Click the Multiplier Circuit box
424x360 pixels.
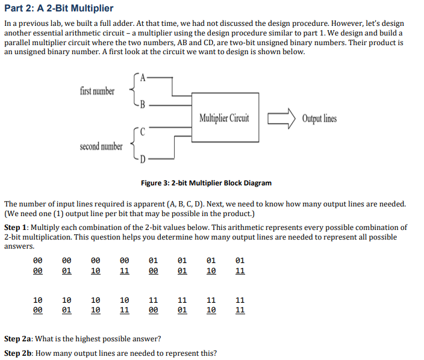[x=225, y=117]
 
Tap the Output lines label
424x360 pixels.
[x=319, y=118]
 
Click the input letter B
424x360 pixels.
[x=142, y=103]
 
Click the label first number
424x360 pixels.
[x=96, y=91]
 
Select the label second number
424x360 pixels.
[x=101, y=146]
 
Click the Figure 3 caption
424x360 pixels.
[x=206, y=183]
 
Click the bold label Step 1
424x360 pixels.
[x=16, y=228]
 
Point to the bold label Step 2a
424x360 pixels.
[x=18, y=338]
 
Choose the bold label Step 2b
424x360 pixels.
[x=18, y=353]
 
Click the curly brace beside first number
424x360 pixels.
[x=132, y=90]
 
